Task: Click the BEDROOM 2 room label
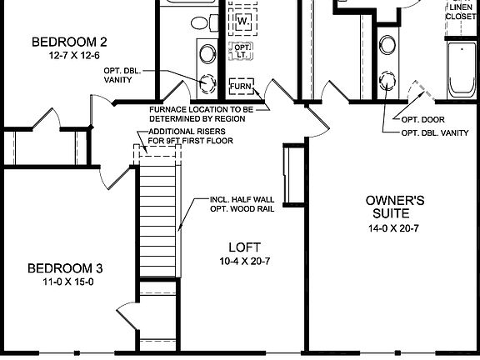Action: (x=69, y=42)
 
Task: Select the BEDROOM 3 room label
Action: (x=65, y=268)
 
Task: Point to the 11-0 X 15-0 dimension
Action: (x=65, y=282)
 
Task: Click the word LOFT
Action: (x=245, y=247)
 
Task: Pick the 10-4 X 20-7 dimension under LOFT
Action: (x=245, y=261)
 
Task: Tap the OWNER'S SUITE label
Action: (x=396, y=207)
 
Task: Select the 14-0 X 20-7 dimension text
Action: (x=396, y=228)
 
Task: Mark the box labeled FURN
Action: (x=242, y=86)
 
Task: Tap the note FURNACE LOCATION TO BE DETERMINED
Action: (x=207, y=114)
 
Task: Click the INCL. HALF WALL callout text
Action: (x=246, y=204)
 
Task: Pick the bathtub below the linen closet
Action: (x=462, y=70)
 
